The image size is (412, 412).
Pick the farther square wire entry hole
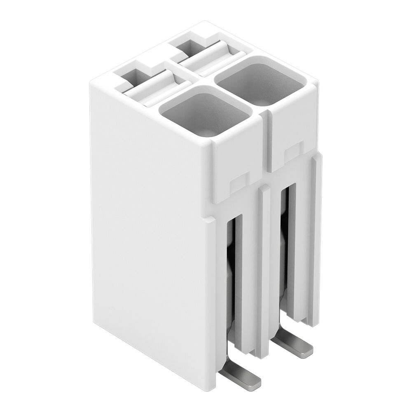tap(260, 80)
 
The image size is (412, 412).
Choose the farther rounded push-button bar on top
tap(210, 55)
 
